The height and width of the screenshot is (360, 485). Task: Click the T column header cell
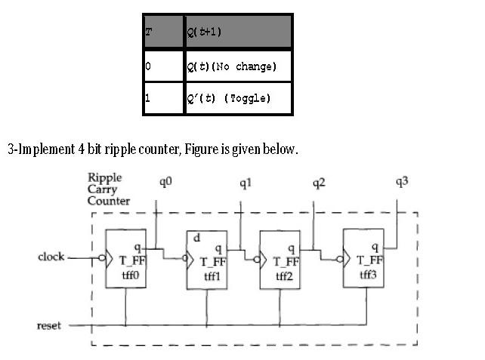pyautogui.click(x=162, y=32)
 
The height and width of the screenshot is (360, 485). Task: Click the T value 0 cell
pyautogui.click(x=162, y=67)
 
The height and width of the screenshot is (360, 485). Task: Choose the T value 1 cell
pyautogui.click(x=162, y=99)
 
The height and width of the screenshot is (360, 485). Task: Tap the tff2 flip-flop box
pyautogui.click(x=280, y=260)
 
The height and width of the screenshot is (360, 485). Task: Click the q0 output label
pyautogui.click(x=166, y=182)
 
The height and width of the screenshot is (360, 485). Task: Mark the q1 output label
pyautogui.click(x=246, y=183)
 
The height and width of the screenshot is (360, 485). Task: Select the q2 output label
pyautogui.click(x=321, y=183)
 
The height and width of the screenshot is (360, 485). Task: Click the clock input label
pyautogui.click(x=51, y=257)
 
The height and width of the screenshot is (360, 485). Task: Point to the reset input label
pyautogui.click(x=48, y=325)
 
